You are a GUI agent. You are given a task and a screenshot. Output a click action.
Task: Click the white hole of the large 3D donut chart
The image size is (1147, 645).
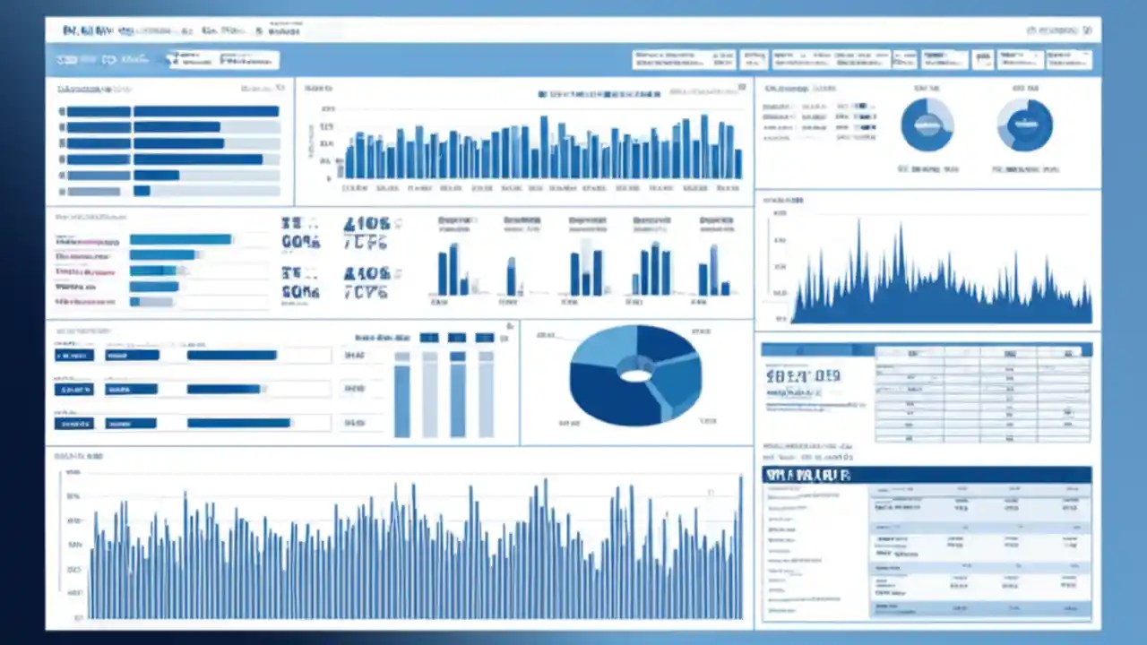(x=635, y=375)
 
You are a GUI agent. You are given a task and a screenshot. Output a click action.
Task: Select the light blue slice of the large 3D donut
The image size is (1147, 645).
(x=602, y=351)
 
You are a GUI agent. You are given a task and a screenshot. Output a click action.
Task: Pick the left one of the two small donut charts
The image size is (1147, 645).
(x=927, y=125)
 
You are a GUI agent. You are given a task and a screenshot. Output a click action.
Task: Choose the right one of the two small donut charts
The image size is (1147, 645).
(x=1024, y=125)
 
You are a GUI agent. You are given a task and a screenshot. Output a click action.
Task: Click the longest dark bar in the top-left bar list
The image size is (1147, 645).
(x=206, y=112)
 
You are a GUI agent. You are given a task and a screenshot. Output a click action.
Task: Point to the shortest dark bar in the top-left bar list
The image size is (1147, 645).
(x=142, y=191)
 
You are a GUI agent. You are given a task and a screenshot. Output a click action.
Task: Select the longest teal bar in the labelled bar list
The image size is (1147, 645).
(x=181, y=239)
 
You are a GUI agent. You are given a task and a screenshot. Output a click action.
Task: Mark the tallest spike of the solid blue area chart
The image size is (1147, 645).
(x=858, y=260)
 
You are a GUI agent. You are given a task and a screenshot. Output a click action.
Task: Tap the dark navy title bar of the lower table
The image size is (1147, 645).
(x=927, y=475)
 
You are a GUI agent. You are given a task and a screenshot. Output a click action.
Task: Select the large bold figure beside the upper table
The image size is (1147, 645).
(x=803, y=376)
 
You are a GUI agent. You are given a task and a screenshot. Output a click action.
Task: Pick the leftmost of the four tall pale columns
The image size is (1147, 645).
(x=401, y=394)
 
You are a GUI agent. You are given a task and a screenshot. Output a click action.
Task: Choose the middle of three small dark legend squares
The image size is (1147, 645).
(x=457, y=338)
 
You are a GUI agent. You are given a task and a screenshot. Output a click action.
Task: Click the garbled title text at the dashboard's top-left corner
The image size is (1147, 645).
(x=99, y=31)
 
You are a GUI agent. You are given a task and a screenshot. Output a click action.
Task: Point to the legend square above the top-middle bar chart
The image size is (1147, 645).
(x=543, y=93)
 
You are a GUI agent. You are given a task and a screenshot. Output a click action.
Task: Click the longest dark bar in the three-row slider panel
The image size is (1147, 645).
(x=240, y=423)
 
